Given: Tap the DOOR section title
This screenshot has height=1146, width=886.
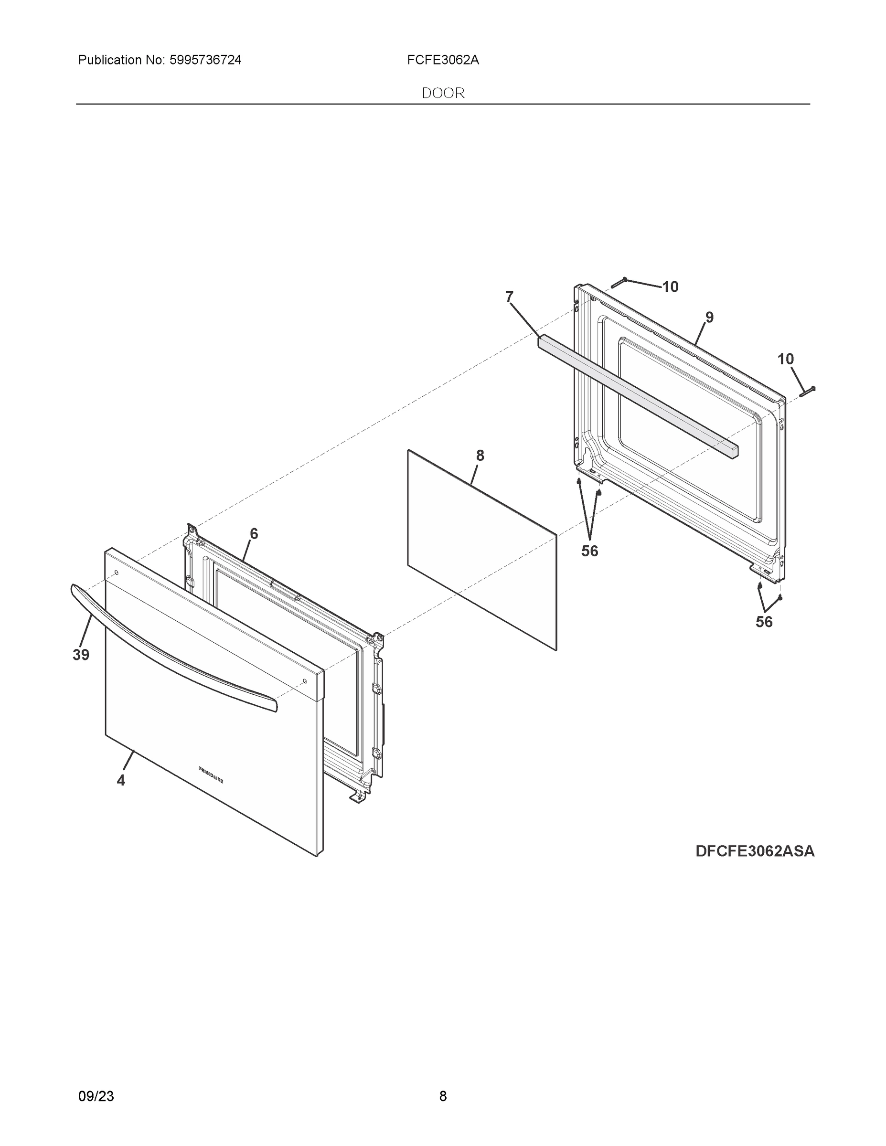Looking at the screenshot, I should pyautogui.click(x=443, y=94).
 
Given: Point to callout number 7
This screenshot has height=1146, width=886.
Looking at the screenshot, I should pyautogui.click(x=509, y=297).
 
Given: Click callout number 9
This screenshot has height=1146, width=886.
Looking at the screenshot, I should pyautogui.click(x=709, y=318).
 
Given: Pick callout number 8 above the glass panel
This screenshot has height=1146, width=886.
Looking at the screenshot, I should pyautogui.click(x=480, y=456).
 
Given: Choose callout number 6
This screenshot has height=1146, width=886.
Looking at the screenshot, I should pyautogui.click(x=254, y=534).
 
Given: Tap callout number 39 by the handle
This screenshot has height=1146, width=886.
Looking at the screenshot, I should pyautogui.click(x=81, y=655).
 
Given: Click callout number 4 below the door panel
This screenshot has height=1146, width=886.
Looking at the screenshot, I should pyautogui.click(x=121, y=781).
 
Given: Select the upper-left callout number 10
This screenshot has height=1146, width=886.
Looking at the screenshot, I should pyautogui.click(x=670, y=287).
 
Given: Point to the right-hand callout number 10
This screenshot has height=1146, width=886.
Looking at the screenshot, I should pyautogui.click(x=785, y=360).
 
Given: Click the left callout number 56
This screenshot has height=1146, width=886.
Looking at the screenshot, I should pyautogui.click(x=589, y=551).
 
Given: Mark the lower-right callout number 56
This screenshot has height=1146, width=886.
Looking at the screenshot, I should pyautogui.click(x=764, y=622).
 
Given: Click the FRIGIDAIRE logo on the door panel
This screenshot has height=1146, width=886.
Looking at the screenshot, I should pyautogui.click(x=211, y=775).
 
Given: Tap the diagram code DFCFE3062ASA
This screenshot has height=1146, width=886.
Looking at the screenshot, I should pyautogui.click(x=755, y=851).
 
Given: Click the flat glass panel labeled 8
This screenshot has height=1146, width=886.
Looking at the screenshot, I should pyautogui.click(x=482, y=551).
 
